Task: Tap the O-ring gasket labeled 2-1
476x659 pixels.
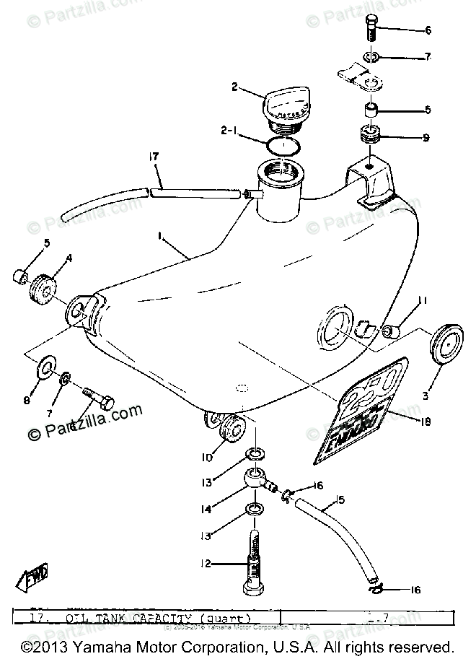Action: (284, 145)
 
